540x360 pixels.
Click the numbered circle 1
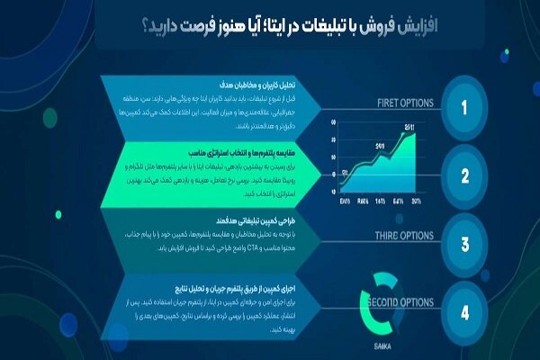click(x=464, y=109)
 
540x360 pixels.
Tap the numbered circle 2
click(x=464, y=176)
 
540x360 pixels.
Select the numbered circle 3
click(x=464, y=245)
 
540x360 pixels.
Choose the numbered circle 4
click(x=464, y=313)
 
